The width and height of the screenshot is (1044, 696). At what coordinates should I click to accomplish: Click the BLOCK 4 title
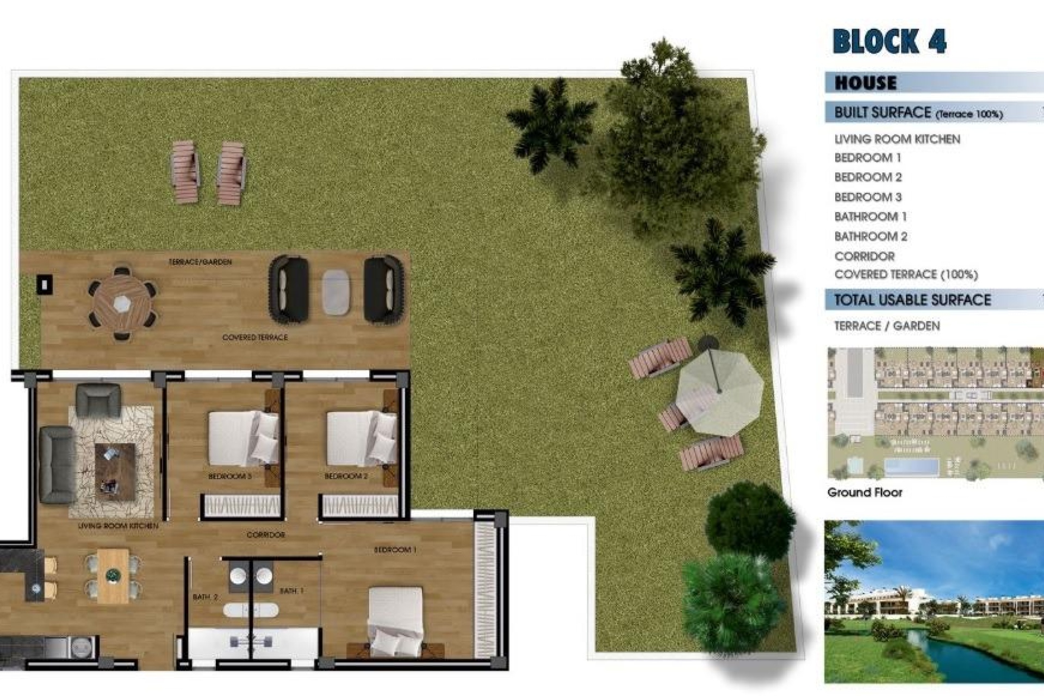tap(889, 41)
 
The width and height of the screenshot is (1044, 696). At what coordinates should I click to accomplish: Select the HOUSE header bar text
tap(866, 83)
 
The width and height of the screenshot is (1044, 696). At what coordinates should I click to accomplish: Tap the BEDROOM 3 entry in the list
tap(868, 197)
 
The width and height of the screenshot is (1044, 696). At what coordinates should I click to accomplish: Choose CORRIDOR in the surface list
tap(864, 256)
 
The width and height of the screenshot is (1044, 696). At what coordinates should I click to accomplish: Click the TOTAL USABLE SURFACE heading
tap(912, 300)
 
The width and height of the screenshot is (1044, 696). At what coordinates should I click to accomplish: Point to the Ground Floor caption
tap(865, 493)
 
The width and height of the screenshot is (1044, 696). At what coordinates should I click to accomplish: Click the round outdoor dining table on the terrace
tap(122, 303)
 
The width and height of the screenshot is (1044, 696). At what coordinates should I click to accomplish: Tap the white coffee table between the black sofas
tap(336, 292)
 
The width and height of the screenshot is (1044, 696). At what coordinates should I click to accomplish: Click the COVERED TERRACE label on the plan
tap(254, 338)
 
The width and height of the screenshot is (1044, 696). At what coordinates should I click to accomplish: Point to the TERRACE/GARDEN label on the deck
tap(200, 262)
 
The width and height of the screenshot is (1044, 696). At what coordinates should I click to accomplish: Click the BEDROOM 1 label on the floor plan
tap(395, 550)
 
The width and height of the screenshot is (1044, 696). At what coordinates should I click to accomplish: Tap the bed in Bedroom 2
tap(361, 438)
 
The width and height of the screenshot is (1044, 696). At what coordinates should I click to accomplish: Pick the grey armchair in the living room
tap(98, 400)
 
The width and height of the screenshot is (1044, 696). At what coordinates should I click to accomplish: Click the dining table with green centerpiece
tap(113, 575)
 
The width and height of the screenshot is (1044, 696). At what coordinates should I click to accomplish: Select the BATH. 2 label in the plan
tap(205, 597)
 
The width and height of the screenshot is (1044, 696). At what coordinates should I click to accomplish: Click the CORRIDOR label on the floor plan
tap(265, 535)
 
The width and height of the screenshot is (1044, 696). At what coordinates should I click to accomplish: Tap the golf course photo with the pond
tap(934, 601)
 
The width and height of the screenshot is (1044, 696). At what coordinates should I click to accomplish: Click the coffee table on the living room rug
tap(115, 470)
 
